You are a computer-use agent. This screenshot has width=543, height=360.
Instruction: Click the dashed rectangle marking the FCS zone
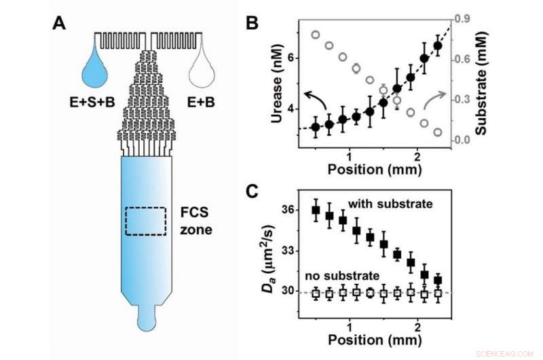(x=146, y=221)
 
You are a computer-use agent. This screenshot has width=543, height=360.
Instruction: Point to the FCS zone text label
(x=195, y=221)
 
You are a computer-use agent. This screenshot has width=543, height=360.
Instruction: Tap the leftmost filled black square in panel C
(x=316, y=210)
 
